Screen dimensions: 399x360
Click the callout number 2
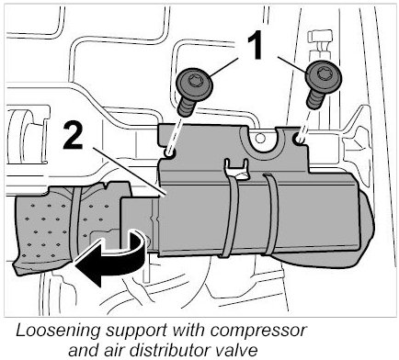[73, 135]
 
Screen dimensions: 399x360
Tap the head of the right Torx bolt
[324, 75]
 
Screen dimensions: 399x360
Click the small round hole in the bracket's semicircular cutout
[260, 139]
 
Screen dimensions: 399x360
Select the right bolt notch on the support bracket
[299, 139]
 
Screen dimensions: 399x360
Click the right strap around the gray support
[270, 214]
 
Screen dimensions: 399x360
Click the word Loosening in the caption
[58, 332]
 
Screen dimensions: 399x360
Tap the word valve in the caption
[232, 349]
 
